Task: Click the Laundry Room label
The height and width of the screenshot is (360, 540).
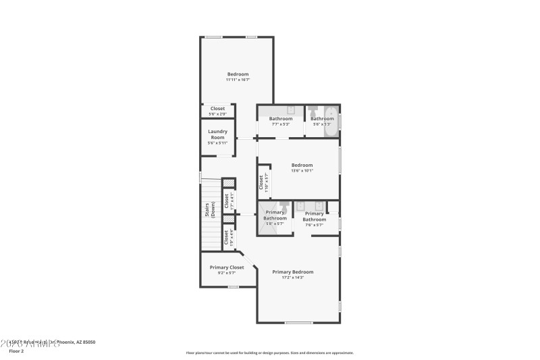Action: point(217,134)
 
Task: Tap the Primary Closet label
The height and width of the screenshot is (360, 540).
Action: point(227,267)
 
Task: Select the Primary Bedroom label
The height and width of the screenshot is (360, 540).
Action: point(293,272)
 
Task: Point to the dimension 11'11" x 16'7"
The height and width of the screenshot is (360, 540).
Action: point(238,80)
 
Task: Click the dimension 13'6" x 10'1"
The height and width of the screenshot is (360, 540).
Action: point(302,170)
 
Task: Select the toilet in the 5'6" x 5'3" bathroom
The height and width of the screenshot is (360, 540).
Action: point(313,110)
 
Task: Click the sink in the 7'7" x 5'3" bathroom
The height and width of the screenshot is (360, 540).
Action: point(291,110)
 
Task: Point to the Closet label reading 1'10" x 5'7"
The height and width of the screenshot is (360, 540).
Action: point(261,182)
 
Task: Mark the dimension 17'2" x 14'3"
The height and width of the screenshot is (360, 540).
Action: point(293,278)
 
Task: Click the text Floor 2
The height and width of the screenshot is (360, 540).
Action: point(16,351)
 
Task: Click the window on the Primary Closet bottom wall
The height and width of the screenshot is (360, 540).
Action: point(233,287)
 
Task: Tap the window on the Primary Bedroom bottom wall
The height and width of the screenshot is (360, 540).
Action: point(298,323)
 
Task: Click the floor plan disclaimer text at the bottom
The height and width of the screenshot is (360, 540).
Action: point(270,353)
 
